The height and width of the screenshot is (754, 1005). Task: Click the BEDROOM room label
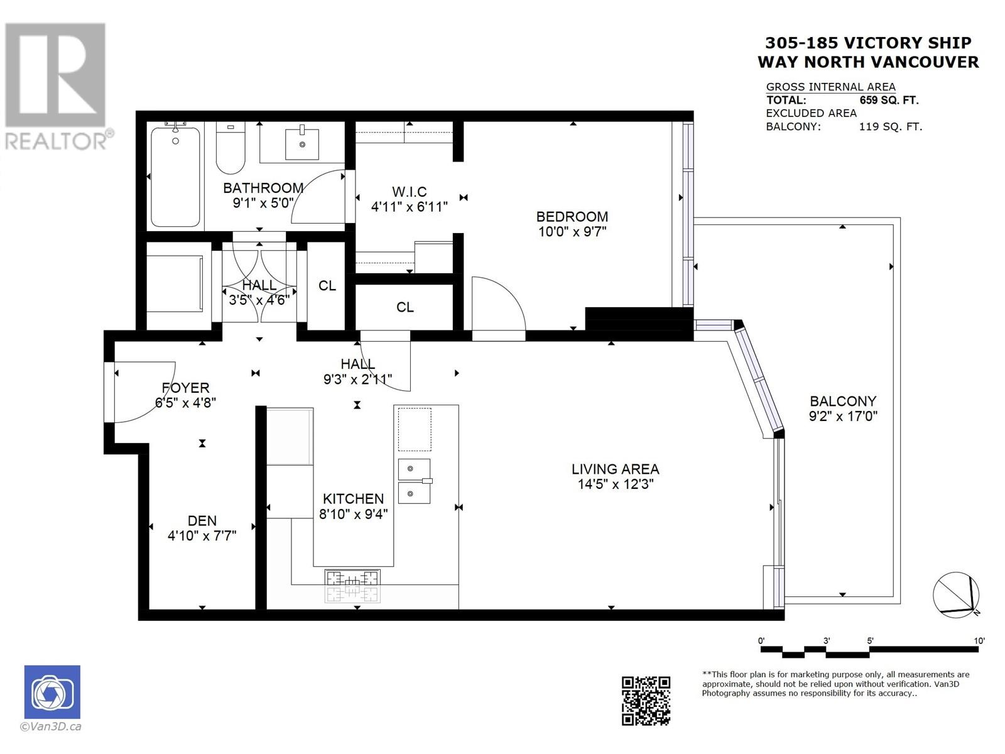click(x=572, y=217)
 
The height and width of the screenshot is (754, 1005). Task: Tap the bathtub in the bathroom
click(x=175, y=178)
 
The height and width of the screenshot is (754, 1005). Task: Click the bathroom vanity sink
click(x=302, y=144)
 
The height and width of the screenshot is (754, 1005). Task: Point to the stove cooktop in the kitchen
click(x=352, y=585)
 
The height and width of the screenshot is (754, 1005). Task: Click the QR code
click(x=646, y=701)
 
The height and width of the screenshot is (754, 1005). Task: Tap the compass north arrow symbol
click(x=956, y=594)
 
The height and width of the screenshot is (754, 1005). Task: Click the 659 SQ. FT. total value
click(x=889, y=101)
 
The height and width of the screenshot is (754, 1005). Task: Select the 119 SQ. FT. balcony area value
click(x=890, y=127)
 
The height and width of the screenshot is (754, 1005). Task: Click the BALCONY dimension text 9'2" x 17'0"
click(x=843, y=416)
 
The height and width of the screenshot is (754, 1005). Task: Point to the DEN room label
click(x=202, y=521)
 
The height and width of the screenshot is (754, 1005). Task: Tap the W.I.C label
click(x=409, y=192)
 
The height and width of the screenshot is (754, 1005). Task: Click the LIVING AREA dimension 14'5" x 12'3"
click(x=616, y=484)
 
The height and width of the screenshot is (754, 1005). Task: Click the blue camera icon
click(x=52, y=692)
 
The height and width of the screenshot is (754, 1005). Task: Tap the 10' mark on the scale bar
click(x=979, y=641)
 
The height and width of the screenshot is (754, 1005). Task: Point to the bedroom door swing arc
click(x=499, y=305)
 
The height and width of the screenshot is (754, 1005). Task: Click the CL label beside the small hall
click(x=327, y=286)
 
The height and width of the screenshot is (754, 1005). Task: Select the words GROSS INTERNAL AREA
click(x=830, y=87)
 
